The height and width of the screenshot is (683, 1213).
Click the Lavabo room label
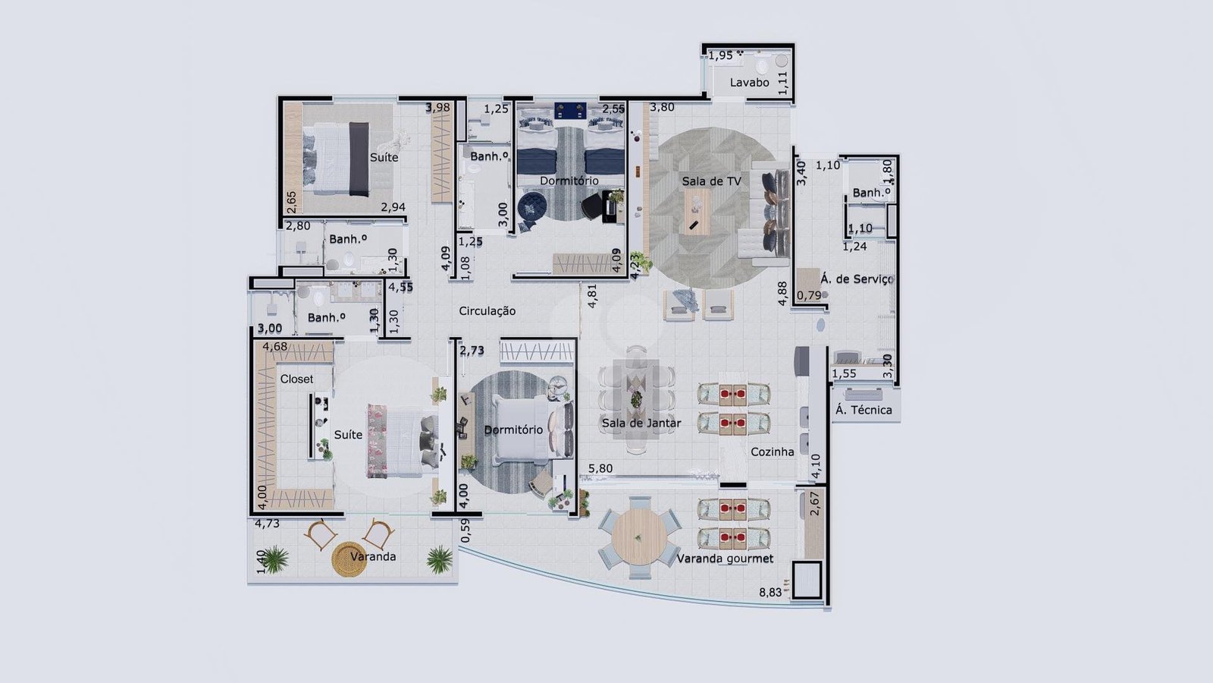pyautogui.click(x=749, y=83)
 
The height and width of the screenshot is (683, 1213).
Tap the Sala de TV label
pyautogui.click(x=711, y=181)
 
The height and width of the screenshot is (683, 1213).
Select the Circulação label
pyautogui.click(x=487, y=311)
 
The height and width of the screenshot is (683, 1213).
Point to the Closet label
pyautogui.click(x=296, y=379)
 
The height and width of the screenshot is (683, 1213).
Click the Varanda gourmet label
pyautogui.click(x=725, y=559)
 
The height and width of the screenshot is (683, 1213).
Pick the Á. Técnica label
pyautogui.click(x=864, y=410)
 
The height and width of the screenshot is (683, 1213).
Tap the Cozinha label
pyautogui.click(x=773, y=452)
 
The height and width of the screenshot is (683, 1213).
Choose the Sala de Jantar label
pyautogui.click(x=641, y=423)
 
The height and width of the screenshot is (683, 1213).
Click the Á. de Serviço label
pyautogui.click(x=856, y=279)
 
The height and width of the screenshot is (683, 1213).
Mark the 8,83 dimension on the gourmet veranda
pyautogui.click(x=770, y=593)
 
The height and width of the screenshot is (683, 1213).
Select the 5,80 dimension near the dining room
pyautogui.click(x=600, y=468)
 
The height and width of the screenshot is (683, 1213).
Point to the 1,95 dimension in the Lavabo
pyautogui.click(x=721, y=55)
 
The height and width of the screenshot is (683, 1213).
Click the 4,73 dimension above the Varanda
pyautogui.click(x=267, y=524)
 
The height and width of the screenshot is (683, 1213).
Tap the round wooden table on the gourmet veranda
pyautogui.click(x=639, y=537)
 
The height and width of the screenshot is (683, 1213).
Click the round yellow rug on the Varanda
pyautogui.click(x=349, y=559)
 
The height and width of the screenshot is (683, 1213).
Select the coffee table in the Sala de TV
pyautogui.click(x=697, y=212)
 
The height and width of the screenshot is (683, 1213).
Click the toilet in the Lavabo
pyautogui.click(x=763, y=66)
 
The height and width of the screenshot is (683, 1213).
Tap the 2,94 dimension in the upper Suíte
pyautogui.click(x=393, y=207)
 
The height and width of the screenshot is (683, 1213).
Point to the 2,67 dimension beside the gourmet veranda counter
pyautogui.click(x=814, y=504)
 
